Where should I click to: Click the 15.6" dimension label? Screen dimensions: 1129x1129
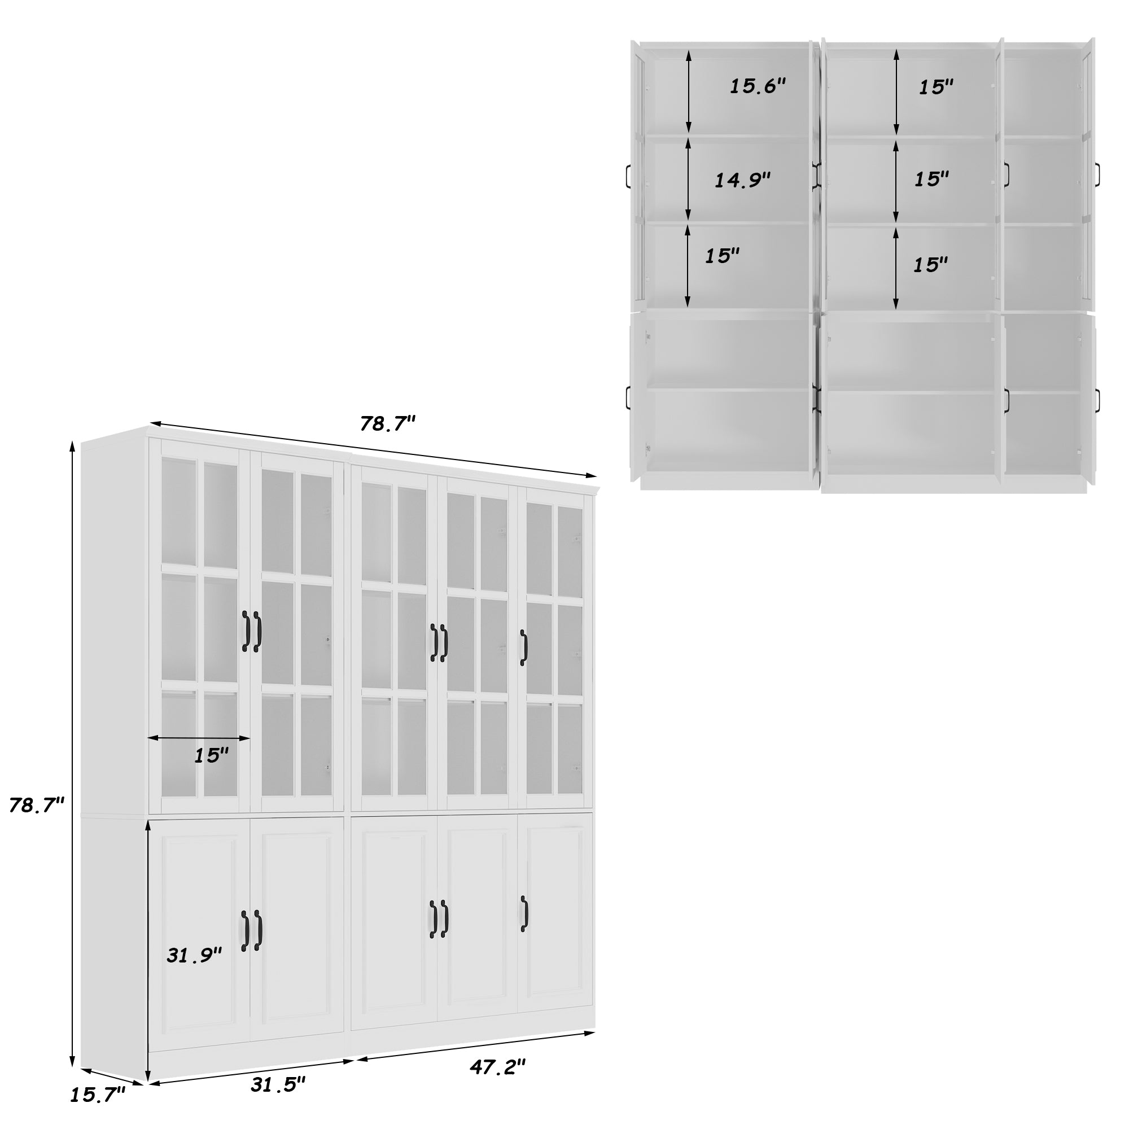click(758, 86)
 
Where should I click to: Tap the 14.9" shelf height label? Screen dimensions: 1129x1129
click(743, 180)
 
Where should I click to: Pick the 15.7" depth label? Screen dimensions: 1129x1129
click(98, 1110)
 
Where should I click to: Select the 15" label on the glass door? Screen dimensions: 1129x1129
click(211, 756)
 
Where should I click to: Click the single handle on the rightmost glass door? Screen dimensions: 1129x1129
click(524, 647)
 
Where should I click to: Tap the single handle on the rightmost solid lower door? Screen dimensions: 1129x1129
click(524, 914)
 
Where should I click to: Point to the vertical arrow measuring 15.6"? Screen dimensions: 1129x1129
click(689, 90)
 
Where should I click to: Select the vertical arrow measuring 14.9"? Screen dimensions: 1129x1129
click(688, 178)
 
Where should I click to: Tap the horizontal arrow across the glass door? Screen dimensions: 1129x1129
click(199, 738)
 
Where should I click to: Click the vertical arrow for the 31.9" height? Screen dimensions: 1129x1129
click(148, 947)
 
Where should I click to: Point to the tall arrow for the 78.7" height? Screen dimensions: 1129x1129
click(72, 754)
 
